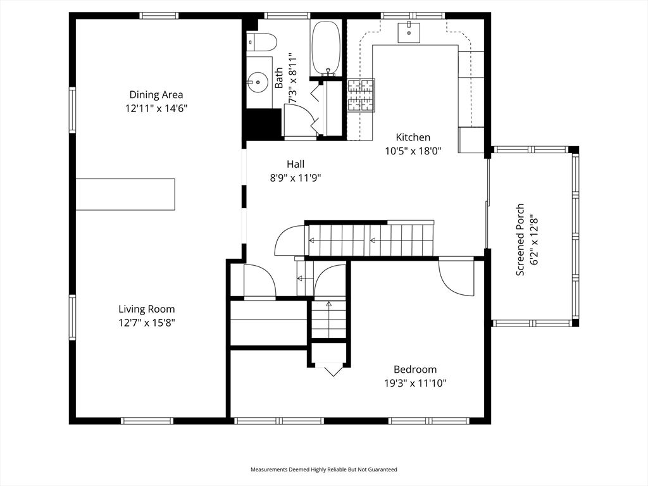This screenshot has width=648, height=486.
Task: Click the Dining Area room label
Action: [x=156, y=95]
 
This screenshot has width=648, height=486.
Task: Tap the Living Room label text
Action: [x=146, y=309]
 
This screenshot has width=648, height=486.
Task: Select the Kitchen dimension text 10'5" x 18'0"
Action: [x=413, y=151]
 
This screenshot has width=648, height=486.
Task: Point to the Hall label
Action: [x=296, y=165]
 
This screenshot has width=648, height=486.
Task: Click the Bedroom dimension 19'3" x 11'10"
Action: [x=415, y=383]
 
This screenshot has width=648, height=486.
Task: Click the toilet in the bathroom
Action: [x=262, y=42]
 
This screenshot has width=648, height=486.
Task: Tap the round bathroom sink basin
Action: [x=258, y=82]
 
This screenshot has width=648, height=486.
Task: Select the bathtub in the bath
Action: [x=326, y=48]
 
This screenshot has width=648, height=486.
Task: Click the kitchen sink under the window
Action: [x=409, y=32]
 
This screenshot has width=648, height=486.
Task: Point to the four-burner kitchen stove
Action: [x=361, y=95]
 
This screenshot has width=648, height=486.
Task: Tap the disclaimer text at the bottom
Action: [x=324, y=470]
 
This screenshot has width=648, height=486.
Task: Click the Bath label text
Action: [x=280, y=81]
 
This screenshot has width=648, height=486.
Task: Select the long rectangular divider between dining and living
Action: [x=125, y=194]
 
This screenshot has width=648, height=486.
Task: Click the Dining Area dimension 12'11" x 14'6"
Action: [x=156, y=108]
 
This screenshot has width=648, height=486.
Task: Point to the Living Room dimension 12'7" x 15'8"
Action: [x=146, y=323]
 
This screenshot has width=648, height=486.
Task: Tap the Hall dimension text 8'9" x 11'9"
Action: [x=296, y=178]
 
